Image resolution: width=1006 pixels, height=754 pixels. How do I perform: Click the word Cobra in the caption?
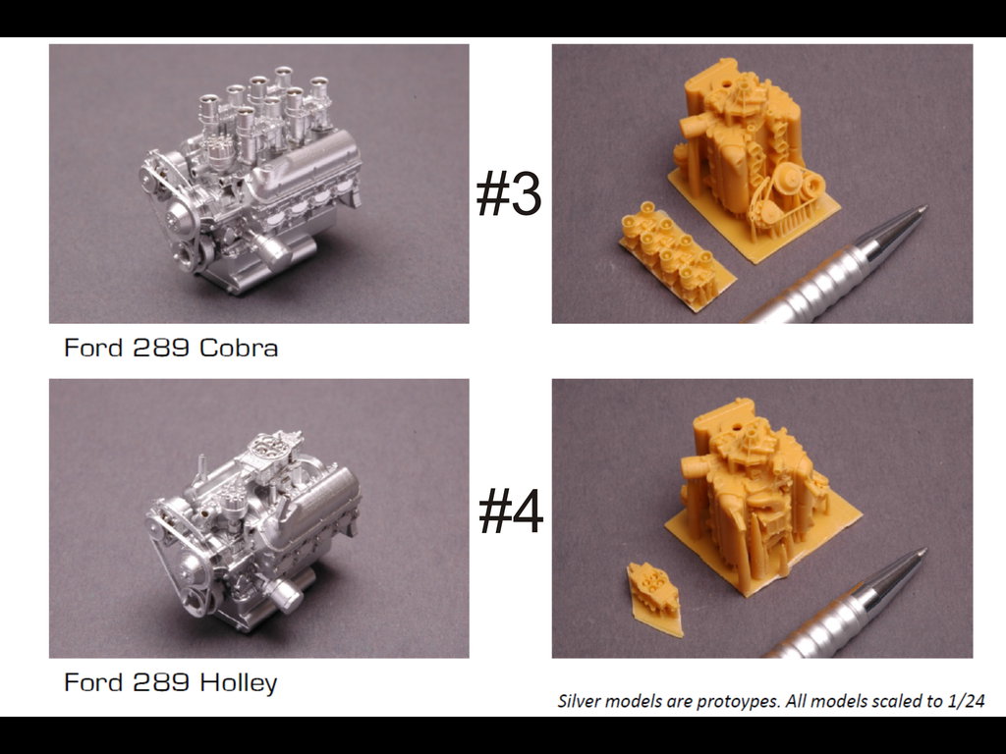tap(239, 348)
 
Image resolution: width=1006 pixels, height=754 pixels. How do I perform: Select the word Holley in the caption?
tap(238, 683)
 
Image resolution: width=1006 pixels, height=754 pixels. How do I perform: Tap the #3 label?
tap(509, 192)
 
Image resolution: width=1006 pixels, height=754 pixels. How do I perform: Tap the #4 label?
tap(511, 511)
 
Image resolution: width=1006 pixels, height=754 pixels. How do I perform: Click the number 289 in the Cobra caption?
tap(161, 348)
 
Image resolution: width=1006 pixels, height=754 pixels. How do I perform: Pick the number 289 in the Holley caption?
tap(161, 682)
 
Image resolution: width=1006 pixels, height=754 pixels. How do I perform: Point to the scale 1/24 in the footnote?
tap(966, 701)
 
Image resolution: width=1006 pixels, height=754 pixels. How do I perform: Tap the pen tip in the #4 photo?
tap(922, 552)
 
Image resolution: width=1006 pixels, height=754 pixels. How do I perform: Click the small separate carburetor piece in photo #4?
tap(653, 598)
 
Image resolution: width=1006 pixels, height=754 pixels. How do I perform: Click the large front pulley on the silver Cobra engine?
tap(183, 220)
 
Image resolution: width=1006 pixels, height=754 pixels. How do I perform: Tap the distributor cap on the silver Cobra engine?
tap(219, 154)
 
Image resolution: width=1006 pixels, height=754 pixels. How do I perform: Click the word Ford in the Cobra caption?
tap(93, 348)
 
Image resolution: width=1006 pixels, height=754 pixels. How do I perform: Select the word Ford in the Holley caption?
tap(93, 682)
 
